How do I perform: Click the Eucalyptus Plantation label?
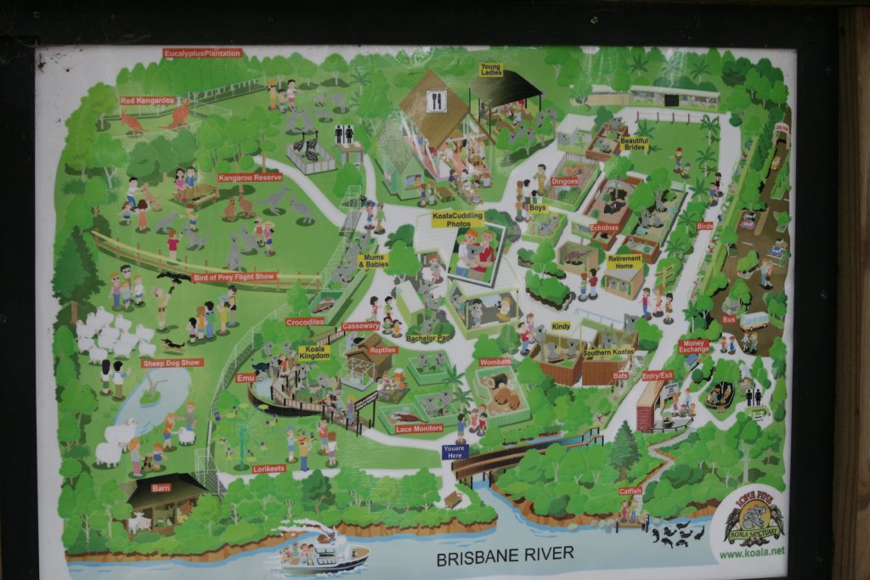[x=202, y=53]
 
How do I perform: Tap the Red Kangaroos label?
[x=147, y=100]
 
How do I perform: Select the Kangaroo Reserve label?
[x=250, y=177]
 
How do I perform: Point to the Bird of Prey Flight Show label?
[x=234, y=277]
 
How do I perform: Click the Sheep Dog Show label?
[x=172, y=363]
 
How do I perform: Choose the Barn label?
[x=161, y=488]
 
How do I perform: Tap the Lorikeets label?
[x=270, y=468]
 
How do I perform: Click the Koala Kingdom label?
[x=315, y=352]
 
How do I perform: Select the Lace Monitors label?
[x=419, y=429]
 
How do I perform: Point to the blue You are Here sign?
[x=455, y=452]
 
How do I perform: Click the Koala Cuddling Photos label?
[x=457, y=219]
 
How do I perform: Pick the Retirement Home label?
[x=624, y=262]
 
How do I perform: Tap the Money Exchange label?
[x=694, y=346]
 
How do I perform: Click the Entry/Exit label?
[x=657, y=374]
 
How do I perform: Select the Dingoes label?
[x=565, y=181]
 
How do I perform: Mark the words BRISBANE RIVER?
[x=505, y=555]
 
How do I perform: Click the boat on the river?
[x=325, y=553]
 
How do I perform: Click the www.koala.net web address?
[x=752, y=553]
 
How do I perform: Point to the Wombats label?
[x=495, y=362]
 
